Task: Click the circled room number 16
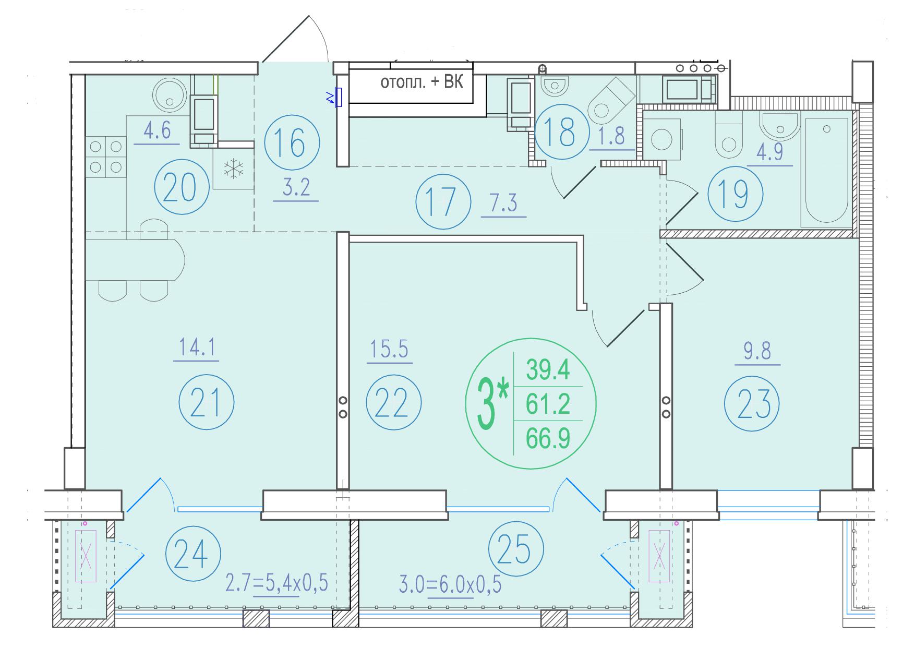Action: (292, 142)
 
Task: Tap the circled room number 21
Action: (206, 402)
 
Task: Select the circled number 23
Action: (752, 403)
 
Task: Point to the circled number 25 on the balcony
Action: (516, 550)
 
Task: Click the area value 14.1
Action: (197, 348)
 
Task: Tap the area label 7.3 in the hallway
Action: (503, 203)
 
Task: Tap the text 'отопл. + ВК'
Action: (422, 82)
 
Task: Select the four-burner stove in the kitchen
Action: (106, 157)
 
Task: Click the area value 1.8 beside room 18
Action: (612, 136)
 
